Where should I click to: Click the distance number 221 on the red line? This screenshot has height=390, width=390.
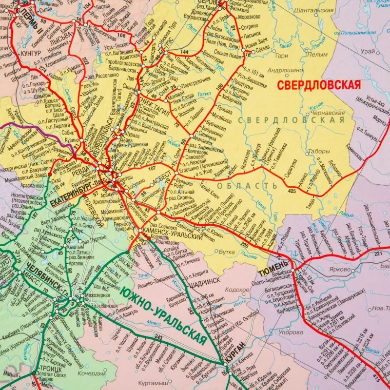[x=378, y=254]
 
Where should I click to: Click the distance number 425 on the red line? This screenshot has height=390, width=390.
[x=292, y=190]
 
